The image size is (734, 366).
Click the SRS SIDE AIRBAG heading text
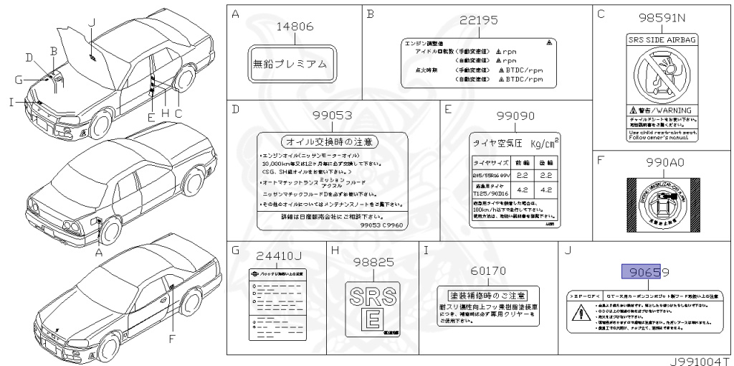(x=662, y=40)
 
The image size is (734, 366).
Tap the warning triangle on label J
(x=578, y=312)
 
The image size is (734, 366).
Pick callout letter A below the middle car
(x=99, y=252)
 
